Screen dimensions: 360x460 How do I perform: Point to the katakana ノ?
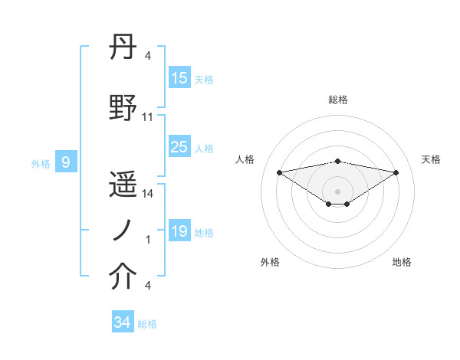tap(123, 230)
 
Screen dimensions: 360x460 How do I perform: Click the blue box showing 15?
tap(179, 78)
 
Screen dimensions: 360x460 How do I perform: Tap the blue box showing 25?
tap(179, 147)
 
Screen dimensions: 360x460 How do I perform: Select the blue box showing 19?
tap(179, 231)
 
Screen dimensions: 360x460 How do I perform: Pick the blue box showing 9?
tap(66, 162)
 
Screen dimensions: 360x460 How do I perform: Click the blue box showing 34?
tap(122, 322)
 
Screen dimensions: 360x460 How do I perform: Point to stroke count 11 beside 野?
tap(148, 117)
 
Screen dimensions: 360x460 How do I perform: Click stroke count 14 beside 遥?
tap(148, 194)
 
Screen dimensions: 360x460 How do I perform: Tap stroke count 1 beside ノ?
tap(148, 240)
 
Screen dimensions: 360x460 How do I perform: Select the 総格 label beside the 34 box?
tap(147, 324)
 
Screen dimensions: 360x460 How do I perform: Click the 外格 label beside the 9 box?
tap(40, 163)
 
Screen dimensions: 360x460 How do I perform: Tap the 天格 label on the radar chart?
tap(431, 159)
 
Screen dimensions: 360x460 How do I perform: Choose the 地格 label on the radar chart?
tap(402, 262)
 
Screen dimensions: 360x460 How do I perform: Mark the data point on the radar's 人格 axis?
tap(279, 172)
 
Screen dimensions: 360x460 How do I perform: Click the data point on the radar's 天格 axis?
tap(396, 172)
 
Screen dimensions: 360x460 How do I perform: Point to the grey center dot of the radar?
tap(337, 189)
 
